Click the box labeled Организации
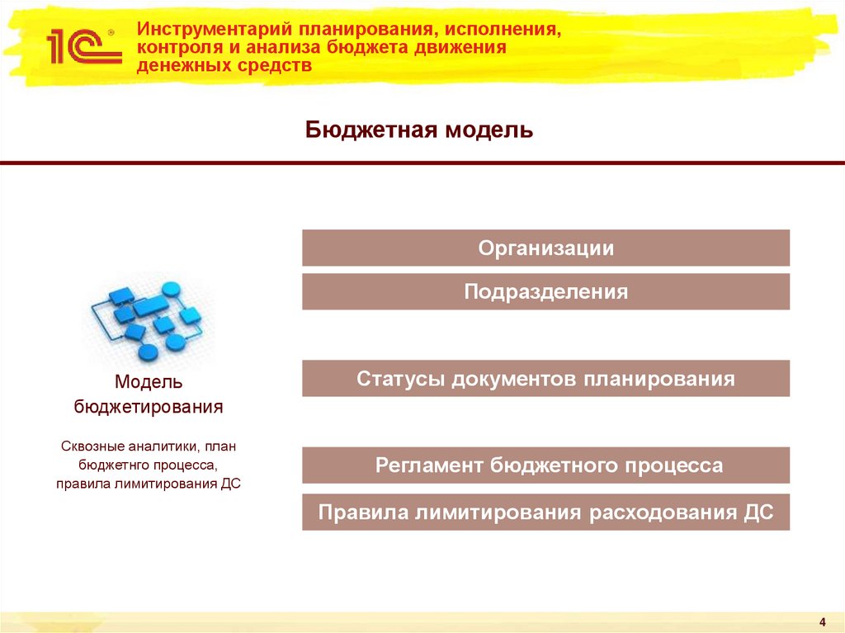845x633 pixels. [x=545, y=248]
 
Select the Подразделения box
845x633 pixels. [x=545, y=291]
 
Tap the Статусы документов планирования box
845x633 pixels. [x=545, y=379]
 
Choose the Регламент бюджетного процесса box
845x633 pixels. [x=545, y=465]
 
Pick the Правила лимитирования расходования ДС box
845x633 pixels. [x=545, y=512]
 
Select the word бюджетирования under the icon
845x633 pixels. [x=149, y=407]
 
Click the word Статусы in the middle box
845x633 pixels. [x=392, y=379]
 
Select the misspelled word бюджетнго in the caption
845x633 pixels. [x=111, y=465]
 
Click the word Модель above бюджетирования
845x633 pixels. [x=149, y=382]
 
